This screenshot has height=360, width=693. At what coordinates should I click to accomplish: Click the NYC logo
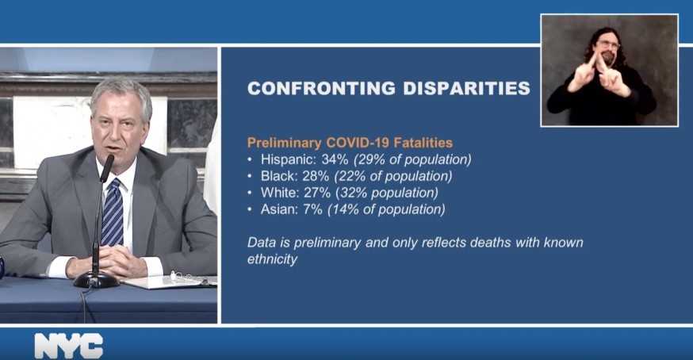coord(68,346)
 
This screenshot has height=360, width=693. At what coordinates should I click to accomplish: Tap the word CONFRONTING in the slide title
coord(321,88)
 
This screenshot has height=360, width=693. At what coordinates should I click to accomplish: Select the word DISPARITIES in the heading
coord(466,88)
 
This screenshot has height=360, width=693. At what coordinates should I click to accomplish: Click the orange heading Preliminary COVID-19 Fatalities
coord(350,143)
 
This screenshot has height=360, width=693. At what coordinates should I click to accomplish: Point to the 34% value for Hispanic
coord(335,159)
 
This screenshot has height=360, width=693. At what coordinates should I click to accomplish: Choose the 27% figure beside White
coord(317,193)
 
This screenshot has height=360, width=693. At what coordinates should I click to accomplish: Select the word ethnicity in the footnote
coord(272,259)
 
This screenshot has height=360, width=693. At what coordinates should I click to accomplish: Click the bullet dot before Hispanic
coord(250,159)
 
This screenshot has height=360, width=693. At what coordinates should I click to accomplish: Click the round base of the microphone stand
coord(96,279)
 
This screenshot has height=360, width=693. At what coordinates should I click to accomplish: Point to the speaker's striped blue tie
coord(113,213)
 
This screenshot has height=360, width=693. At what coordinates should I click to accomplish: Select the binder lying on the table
coord(171,281)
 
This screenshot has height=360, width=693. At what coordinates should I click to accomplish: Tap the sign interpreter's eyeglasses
coord(609,44)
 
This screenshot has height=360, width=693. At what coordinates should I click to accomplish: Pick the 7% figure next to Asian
coord(312,209)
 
